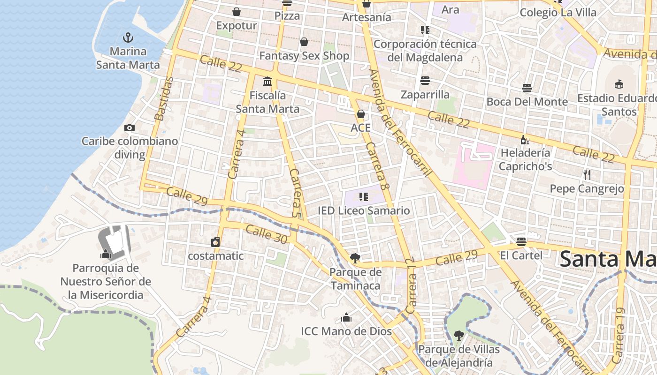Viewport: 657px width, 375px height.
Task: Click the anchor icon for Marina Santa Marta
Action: point(128,37)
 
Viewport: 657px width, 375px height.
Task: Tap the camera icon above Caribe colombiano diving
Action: point(130,127)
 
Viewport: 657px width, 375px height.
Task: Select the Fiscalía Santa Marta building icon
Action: point(267,82)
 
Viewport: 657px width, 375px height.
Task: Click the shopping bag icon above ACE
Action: point(361,114)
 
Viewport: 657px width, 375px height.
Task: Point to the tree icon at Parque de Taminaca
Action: point(355,258)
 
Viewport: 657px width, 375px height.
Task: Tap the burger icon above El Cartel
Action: point(521,242)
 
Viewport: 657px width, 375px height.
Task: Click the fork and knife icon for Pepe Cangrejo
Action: point(587,175)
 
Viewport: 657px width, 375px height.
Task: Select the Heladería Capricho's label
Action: point(525,159)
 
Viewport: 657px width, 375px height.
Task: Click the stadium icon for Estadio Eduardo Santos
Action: point(619,84)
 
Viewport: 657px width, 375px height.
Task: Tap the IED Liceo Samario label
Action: point(364,210)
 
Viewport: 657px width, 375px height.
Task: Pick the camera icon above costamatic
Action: point(215,242)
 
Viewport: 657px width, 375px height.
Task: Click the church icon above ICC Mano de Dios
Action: point(346,317)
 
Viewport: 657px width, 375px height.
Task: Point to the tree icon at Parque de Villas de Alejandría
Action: point(458,335)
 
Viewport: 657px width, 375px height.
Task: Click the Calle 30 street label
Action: point(266,234)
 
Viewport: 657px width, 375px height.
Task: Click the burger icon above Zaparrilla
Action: point(425,81)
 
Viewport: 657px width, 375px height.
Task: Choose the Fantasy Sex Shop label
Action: point(304,56)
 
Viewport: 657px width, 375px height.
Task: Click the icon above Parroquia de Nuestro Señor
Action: point(106,255)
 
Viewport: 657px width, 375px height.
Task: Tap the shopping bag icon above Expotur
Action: point(237,11)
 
